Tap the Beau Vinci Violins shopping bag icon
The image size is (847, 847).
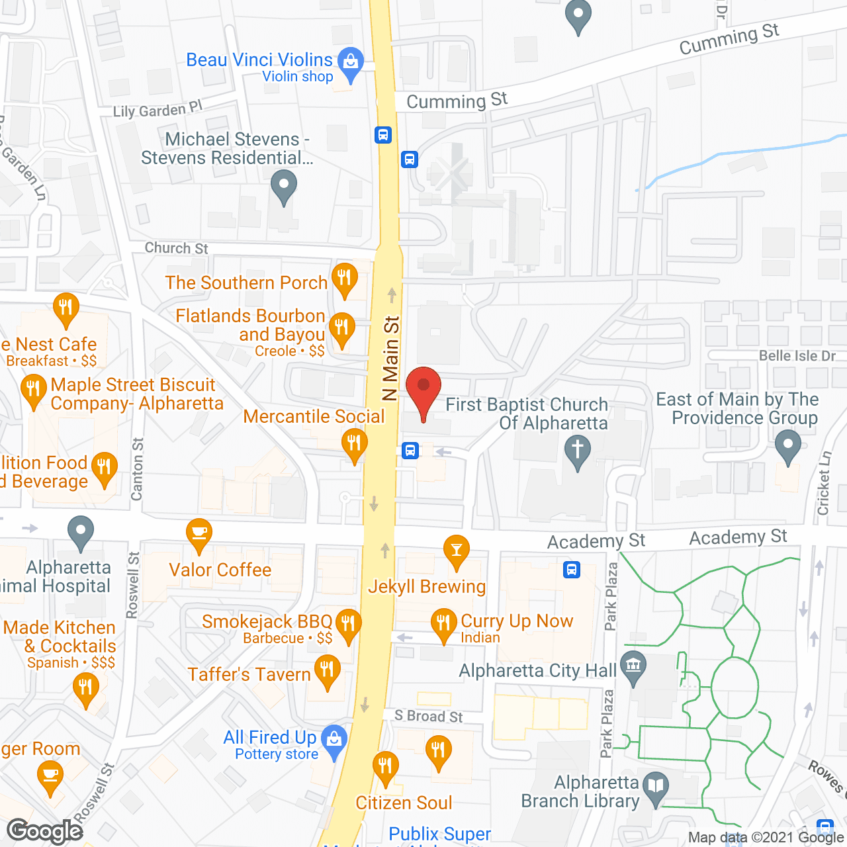coord(350,62)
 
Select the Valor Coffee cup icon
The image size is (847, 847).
coord(199,533)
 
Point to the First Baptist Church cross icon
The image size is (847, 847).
coord(577,449)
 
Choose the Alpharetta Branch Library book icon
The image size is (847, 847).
coord(655,786)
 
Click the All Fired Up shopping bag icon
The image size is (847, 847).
coord(334,738)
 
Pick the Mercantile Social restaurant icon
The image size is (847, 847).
coord(354,442)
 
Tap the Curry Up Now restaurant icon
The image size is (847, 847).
coord(443,623)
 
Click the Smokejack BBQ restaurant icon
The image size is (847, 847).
coord(347,623)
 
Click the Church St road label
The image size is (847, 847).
coord(176,248)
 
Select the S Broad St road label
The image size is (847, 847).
coord(429,716)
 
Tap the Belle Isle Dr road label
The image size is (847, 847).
coord(797,356)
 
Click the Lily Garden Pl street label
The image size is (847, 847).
coord(157,110)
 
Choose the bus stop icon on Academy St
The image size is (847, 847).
coord(572,569)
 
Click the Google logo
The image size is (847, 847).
coord(45,831)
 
